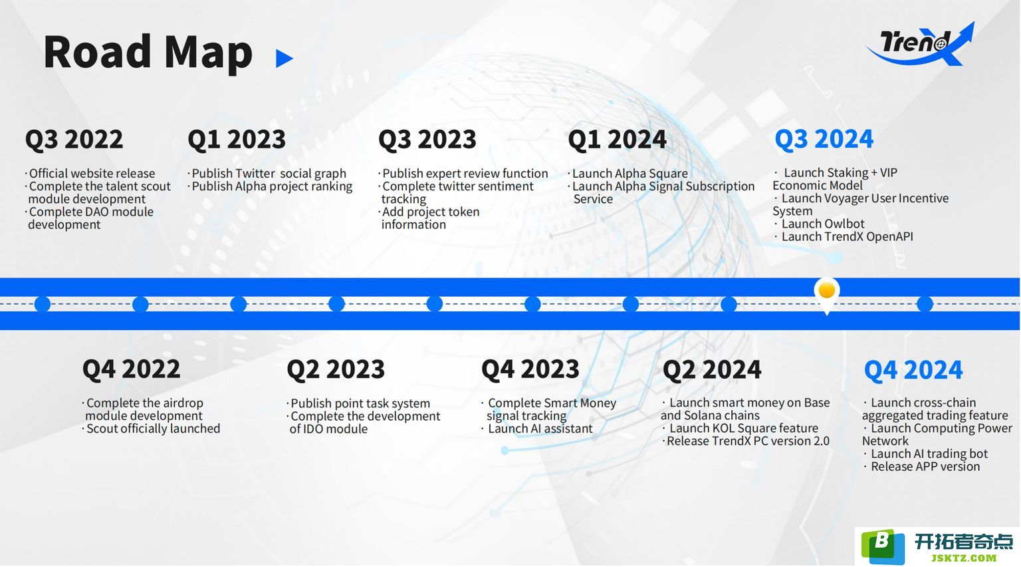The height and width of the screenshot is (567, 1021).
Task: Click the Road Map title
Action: coord(148,53)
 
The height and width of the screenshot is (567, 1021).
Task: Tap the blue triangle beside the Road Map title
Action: coord(284,59)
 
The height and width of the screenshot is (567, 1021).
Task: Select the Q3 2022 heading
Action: coord(74,139)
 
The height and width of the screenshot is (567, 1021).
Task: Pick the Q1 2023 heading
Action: coord(237,139)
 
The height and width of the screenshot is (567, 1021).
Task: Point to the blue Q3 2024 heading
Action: coord(824,139)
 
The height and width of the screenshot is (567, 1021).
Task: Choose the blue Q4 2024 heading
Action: coord(913,370)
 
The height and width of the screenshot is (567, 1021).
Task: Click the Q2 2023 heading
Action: coord(336,369)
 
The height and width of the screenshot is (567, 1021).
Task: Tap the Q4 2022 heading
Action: coord(131,369)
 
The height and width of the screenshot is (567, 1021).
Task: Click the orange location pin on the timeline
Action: coord(827,292)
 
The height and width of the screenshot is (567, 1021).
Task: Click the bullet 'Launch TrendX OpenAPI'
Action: coord(844,236)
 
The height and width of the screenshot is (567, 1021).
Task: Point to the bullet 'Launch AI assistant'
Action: coord(537,429)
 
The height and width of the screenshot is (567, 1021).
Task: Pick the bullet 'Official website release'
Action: coord(90,174)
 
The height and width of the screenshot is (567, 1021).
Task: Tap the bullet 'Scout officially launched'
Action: coord(151,429)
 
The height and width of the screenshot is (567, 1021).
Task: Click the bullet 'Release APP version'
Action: coord(922,467)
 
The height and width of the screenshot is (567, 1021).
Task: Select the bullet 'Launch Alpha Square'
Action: coord(627,174)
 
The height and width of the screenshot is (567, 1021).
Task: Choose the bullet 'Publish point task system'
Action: coord(358,403)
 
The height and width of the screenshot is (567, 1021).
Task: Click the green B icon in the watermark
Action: coord(883,546)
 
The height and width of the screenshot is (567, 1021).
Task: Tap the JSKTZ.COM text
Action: coord(964,558)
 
